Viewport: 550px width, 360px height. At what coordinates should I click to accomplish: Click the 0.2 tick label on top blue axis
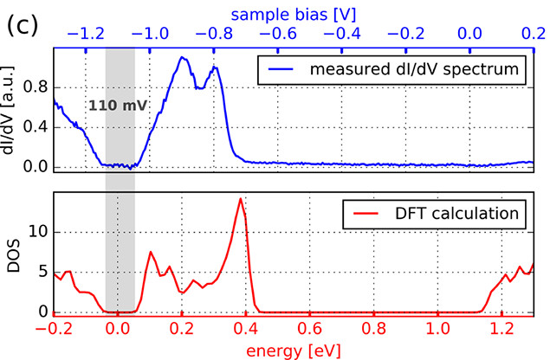tap(530, 35)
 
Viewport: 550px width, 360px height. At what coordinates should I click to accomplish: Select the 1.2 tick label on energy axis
tap(501, 330)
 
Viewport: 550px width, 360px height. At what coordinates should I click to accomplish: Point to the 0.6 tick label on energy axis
tap(309, 330)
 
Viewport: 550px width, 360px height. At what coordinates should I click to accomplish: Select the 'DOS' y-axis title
tap(12, 253)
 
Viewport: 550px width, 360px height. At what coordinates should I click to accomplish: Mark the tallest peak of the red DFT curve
tap(240, 199)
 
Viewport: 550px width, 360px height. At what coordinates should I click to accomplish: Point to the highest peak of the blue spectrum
tap(183, 58)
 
